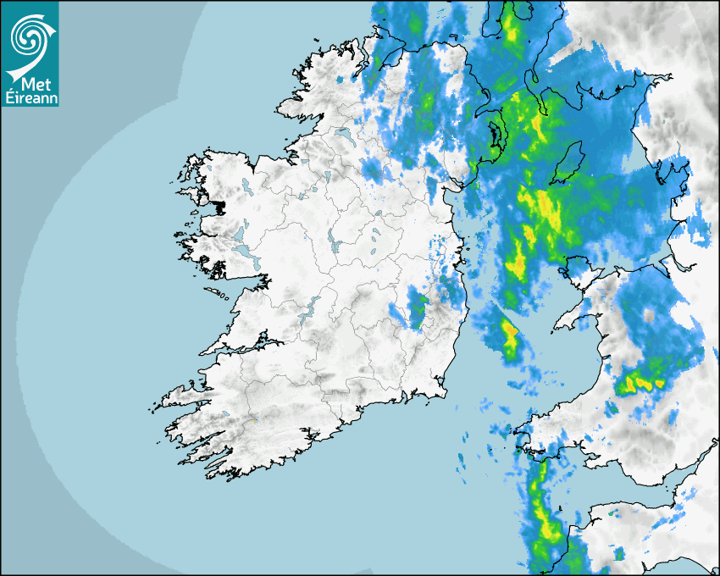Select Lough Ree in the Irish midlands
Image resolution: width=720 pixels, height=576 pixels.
click(334, 241)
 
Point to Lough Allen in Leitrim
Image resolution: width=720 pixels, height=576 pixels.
click(326, 179)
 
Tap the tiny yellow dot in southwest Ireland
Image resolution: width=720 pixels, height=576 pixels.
click(253, 421)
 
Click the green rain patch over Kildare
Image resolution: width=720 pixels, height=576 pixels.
click(417, 308)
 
